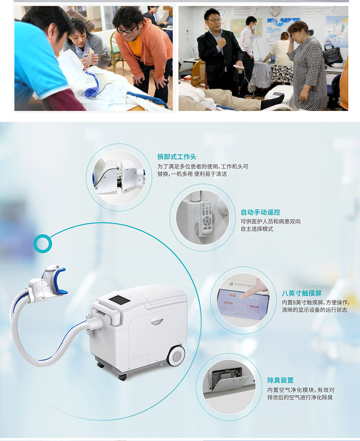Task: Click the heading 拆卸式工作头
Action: coord(177,157)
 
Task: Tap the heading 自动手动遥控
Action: coord(260,212)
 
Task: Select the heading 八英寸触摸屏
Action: coord(302,293)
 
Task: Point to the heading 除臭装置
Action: coord(280,380)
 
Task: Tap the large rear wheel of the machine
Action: coord(176,356)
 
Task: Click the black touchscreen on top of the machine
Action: coord(119,300)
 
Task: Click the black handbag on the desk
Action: coord(332,53)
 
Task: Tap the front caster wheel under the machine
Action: coord(122,377)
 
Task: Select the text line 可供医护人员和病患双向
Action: coord(271,221)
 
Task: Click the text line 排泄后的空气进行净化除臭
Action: coord(300,397)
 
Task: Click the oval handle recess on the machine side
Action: coord(157,321)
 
